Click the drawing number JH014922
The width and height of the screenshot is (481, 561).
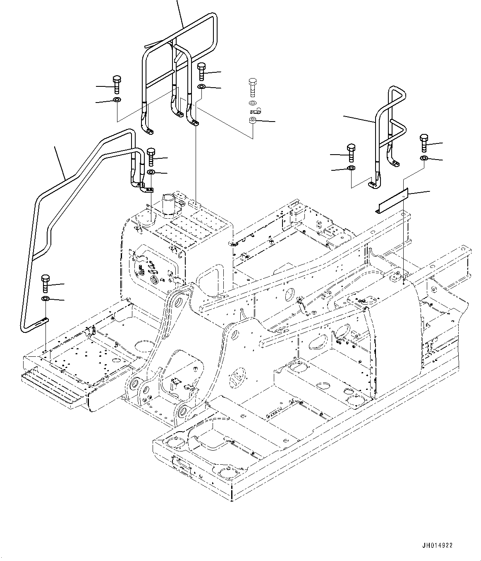pyautogui.click(x=438, y=545)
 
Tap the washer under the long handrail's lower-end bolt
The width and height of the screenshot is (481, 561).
pyautogui.click(x=45, y=299)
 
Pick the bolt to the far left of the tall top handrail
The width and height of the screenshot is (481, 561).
pyautogui.click(x=117, y=85)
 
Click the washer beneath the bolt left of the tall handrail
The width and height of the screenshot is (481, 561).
pyautogui.click(x=117, y=100)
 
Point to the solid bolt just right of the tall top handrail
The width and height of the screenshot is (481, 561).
pyautogui.click(x=201, y=72)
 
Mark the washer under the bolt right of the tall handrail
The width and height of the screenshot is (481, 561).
pyautogui.click(x=201, y=87)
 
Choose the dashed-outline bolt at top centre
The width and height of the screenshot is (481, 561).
pyautogui.click(x=253, y=87)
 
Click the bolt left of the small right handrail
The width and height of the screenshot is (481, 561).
pyautogui.click(x=351, y=153)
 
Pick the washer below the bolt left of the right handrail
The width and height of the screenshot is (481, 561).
pyautogui.click(x=351, y=168)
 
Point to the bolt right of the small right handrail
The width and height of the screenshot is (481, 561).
pyautogui.click(x=424, y=143)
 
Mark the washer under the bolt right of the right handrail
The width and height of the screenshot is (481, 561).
pyautogui.click(x=424, y=158)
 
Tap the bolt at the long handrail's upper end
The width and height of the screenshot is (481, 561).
pyautogui.click(x=151, y=157)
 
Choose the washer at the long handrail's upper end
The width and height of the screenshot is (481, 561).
pyautogui.click(x=151, y=172)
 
